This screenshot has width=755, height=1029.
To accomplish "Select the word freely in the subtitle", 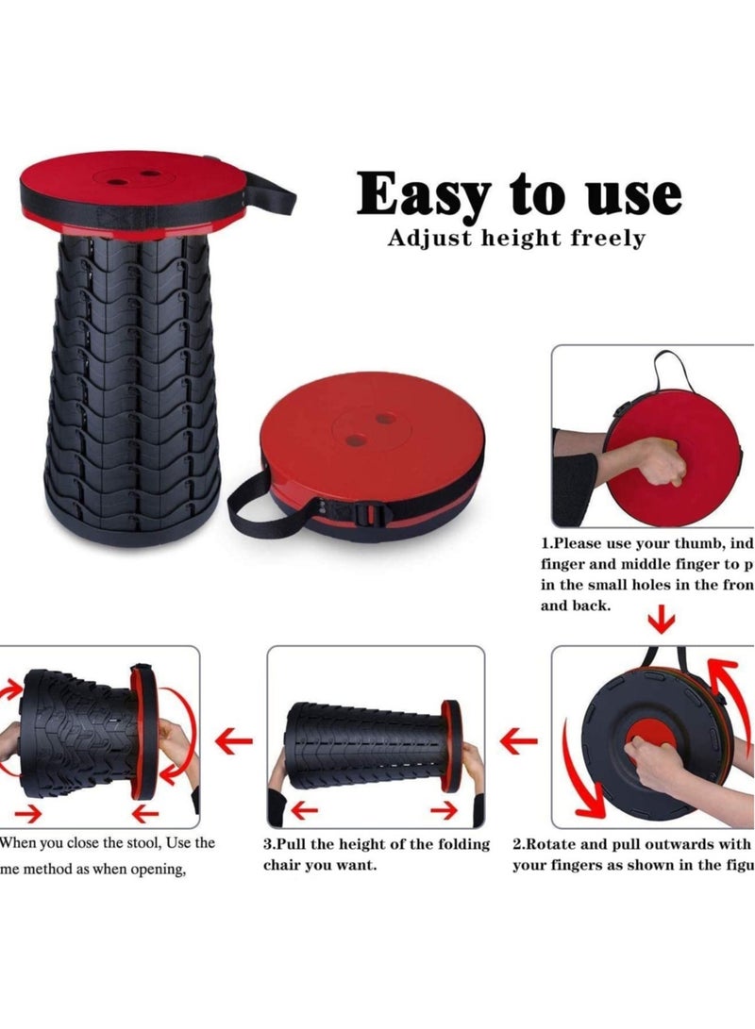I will click(608, 239).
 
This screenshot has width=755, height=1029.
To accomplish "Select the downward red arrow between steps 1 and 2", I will click(663, 621).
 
